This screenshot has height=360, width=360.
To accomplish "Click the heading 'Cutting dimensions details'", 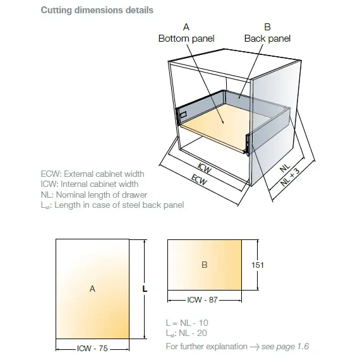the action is click(x=97, y=10).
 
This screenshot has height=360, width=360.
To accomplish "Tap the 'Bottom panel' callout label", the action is click(x=186, y=39).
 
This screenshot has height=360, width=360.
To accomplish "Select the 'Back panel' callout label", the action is click(x=267, y=39).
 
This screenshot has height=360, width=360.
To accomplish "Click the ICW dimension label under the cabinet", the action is click(x=205, y=168).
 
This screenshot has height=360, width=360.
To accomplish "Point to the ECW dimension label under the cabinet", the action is click(x=199, y=179).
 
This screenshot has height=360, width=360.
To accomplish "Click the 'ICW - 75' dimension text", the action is click(x=92, y=348).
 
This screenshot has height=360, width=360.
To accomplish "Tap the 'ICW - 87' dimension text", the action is click(x=202, y=300).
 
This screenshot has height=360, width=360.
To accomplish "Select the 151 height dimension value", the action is click(x=258, y=265).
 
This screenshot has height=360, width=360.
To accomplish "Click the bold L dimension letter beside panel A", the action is click(x=145, y=289).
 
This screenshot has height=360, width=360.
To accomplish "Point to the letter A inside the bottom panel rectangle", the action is click(x=92, y=289).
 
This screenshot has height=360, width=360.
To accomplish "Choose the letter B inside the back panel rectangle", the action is click(x=205, y=265).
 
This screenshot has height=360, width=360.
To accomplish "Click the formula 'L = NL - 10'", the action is click(x=187, y=323).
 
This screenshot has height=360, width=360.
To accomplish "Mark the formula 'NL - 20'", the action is click(x=193, y=333).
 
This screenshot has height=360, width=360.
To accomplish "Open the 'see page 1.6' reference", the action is click(x=285, y=346).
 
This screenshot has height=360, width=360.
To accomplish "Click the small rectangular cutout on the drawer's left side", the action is click(x=183, y=115).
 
